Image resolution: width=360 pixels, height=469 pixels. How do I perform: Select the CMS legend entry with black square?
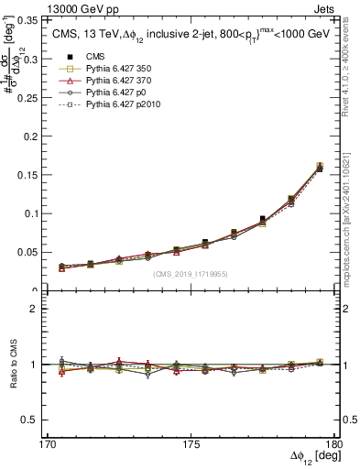pyautogui.click(x=91, y=57)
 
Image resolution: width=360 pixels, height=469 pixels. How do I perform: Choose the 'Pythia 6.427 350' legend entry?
pyautogui.click(x=115, y=69)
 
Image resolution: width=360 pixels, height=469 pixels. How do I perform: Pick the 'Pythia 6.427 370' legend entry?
pyautogui.click(x=115, y=81)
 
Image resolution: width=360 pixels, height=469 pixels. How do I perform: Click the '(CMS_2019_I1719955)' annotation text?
pyautogui.click(x=191, y=274)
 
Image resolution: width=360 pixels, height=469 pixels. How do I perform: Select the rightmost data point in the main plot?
pyautogui.click(x=319, y=167)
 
